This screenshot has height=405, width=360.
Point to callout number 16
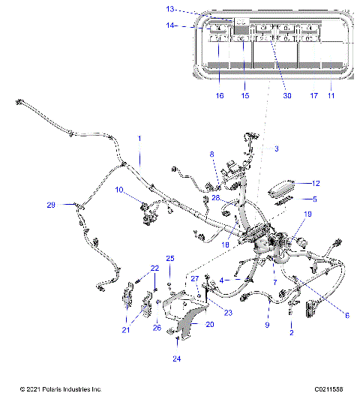point(220,96)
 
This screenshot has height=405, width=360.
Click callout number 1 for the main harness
point(138,139)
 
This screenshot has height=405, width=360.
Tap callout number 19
point(307,214)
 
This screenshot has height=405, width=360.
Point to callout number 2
point(292,332)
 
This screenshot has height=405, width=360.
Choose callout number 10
point(118,190)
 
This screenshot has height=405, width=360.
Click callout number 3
point(276,149)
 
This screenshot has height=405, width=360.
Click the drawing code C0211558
point(329,390)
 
